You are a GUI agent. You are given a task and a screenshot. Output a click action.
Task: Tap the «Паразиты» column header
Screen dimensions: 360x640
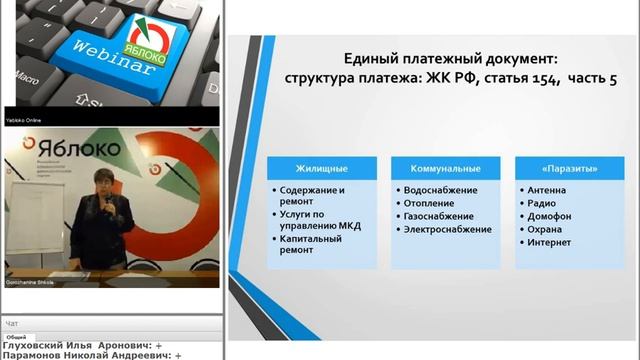pyautogui.click(x=567, y=167)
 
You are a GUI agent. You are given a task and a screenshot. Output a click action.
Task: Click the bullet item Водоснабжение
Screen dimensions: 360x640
pyautogui.click(x=441, y=190)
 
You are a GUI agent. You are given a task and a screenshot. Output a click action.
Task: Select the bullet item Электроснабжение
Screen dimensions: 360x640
pyautogui.click(x=447, y=229)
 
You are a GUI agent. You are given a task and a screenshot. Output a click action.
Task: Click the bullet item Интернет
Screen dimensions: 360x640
pyautogui.click(x=551, y=242)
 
